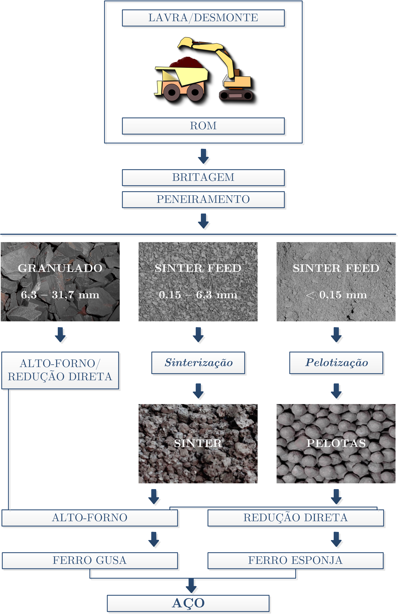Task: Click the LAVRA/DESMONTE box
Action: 203,18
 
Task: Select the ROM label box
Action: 203,126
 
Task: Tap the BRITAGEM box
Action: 203,177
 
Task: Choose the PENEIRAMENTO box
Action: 203,199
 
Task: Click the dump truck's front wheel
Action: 172,92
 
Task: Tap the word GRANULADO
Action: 60,268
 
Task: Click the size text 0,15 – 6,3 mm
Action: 198,295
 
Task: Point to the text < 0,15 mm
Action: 336,295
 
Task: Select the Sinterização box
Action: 198,363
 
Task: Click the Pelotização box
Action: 336,363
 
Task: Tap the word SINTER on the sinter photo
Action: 198,443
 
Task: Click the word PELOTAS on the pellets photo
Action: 336,443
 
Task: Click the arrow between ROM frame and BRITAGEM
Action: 203,156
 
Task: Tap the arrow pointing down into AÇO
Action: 191,585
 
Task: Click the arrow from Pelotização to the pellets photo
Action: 336,391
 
